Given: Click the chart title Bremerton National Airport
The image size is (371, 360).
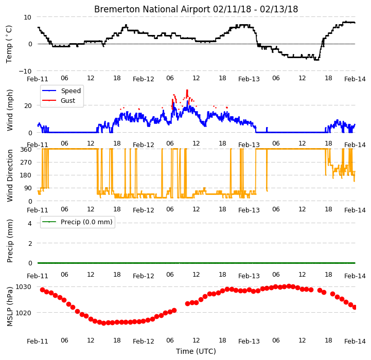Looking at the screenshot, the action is click(x=152, y=9).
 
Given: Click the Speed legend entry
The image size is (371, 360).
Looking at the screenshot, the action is click(x=62, y=91).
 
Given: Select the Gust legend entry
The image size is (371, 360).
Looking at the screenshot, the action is click(x=59, y=100).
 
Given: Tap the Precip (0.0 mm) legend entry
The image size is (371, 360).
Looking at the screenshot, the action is click(x=77, y=222).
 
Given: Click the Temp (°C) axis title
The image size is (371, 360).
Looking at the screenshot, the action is click(x=9, y=44).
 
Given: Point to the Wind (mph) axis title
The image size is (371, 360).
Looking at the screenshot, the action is click(x=10, y=110).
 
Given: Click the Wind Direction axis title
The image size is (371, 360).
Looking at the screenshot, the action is click(x=10, y=175).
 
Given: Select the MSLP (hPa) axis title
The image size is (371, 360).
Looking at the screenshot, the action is click(x=10, y=307).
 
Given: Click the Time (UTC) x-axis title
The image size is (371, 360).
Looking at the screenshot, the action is click(x=196, y=351).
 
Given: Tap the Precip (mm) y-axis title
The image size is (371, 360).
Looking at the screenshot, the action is click(x=10, y=241).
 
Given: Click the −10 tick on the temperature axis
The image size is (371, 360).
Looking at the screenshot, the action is click(x=25, y=71).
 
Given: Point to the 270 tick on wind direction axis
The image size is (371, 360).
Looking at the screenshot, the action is click(x=26, y=163).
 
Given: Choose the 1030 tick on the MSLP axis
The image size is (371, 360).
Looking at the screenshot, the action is click(x=23, y=287).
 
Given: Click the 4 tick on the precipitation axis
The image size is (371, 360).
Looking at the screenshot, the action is click(x=30, y=223).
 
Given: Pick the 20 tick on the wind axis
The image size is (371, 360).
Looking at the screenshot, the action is click(x=28, y=106).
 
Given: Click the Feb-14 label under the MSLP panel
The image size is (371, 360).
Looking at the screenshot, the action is click(x=355, y=341).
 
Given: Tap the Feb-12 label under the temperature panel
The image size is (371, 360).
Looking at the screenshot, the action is click(x=144, y=79).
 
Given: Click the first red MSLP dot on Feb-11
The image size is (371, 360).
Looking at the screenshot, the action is click(x=42, y=290).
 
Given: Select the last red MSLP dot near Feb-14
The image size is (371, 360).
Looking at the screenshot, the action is click(x=355, y=307).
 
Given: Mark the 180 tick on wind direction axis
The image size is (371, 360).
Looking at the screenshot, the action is click(x=26, y=175).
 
